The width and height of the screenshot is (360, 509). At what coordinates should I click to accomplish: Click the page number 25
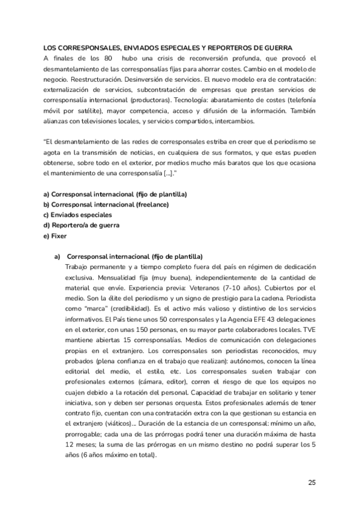(311, 481)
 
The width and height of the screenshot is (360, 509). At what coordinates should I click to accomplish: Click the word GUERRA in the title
(275, 47)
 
